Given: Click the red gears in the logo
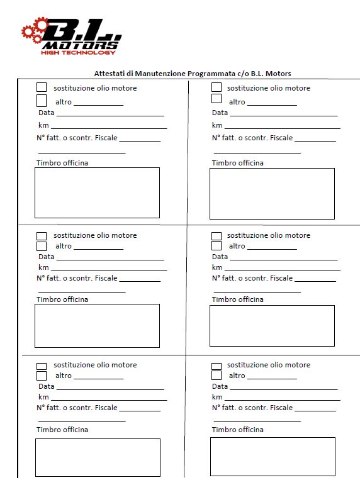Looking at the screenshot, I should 34,30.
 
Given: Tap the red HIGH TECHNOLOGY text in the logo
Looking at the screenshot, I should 79,52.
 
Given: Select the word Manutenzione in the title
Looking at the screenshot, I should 160,74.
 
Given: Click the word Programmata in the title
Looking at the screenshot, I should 211,74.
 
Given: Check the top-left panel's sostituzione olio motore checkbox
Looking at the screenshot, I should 42,87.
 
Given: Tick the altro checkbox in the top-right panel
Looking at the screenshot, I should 217,99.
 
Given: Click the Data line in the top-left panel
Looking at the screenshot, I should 110,114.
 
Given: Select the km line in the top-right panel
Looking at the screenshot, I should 282,127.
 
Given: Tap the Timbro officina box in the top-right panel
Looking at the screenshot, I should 272,193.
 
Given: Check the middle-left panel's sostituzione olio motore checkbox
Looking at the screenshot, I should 42,236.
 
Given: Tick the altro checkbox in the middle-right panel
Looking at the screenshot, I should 217,246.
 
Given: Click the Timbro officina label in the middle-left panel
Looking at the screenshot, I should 62,299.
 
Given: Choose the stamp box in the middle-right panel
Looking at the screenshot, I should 272,325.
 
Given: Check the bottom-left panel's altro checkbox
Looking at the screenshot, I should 42,376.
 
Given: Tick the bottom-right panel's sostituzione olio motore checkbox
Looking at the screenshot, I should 217,365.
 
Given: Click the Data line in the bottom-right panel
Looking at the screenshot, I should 283,389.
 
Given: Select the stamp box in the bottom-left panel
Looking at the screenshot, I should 98,457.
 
